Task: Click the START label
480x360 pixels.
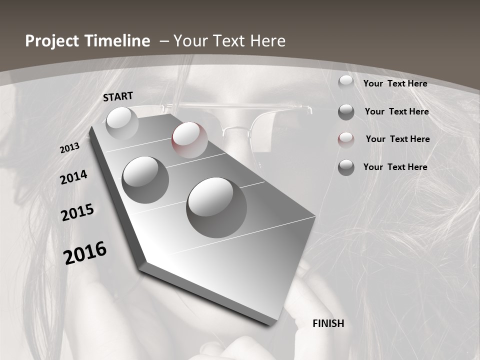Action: point(118,96)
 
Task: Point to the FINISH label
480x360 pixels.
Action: point(328,323)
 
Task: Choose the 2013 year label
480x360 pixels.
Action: point(69,148)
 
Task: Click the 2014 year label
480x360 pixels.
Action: point(73,177)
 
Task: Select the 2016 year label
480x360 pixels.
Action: point(85,253)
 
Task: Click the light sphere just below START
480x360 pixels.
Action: point(122,122)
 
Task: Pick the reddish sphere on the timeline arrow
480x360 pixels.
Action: point(189,139)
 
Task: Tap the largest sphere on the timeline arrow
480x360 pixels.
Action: point(216,206)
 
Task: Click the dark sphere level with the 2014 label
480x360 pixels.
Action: point(145,179)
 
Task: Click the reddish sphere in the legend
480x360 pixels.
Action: point(346,139)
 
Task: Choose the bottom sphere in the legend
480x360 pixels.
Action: point(346,167)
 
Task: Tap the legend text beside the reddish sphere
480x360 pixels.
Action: point(397,139)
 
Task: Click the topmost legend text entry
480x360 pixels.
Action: point(395,83)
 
